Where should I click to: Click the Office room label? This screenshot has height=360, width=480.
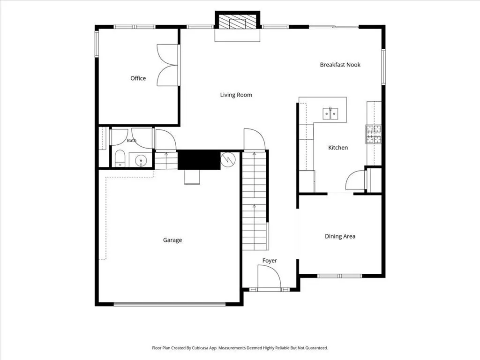[138, 78]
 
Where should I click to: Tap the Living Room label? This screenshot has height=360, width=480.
[236, 95]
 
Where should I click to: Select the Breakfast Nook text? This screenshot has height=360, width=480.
[340, 65]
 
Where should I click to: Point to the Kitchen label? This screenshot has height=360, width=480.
[338, 148]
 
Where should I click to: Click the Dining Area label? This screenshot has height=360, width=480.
[340, 236]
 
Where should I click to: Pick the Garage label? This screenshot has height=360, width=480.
[172, 240]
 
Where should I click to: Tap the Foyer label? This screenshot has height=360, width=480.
[270, 261]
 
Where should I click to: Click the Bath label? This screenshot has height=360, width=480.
[132, 141]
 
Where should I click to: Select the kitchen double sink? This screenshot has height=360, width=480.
[330, 113]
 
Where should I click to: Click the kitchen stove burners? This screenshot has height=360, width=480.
[374, 135]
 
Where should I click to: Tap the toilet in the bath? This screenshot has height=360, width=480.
[120, 158]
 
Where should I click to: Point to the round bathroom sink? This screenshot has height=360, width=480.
[141, 160]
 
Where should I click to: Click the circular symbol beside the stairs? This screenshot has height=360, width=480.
[228, 159]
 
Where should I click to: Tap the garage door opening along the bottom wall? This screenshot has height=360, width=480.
[170, 304]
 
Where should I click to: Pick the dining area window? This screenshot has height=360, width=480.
[340, 276]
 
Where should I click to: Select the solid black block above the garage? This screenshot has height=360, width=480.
[199, 159]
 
